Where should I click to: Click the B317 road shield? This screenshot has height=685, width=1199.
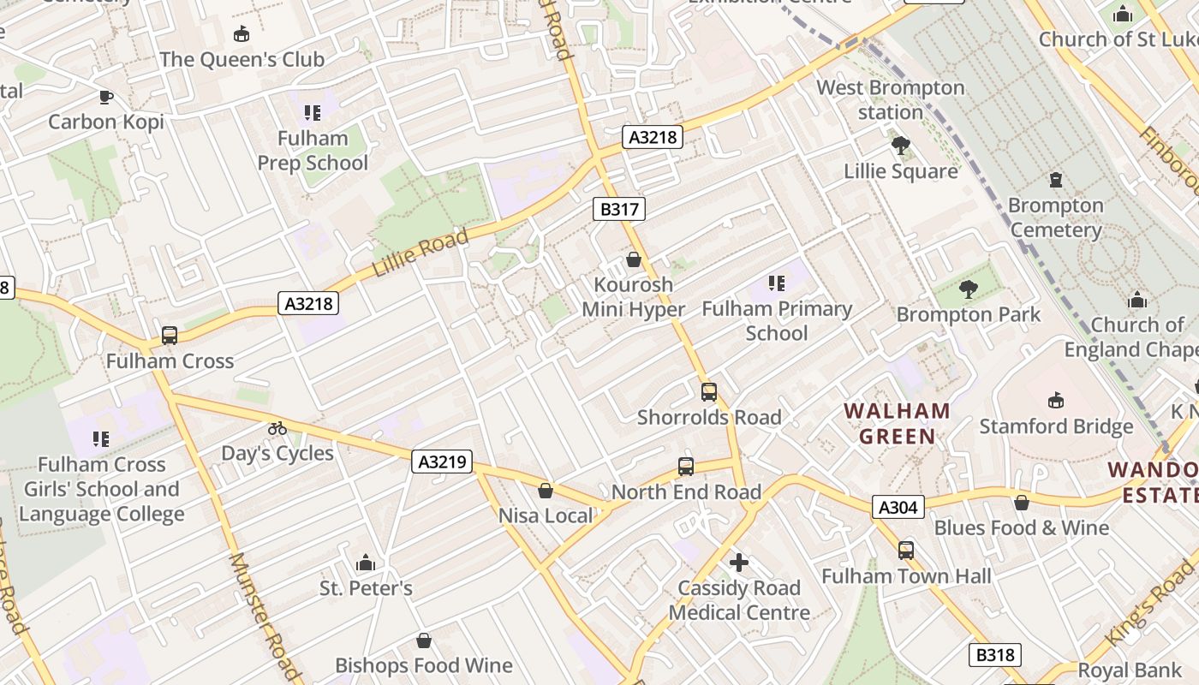(617, 209)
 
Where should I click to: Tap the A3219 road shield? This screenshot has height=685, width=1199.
(442, 462)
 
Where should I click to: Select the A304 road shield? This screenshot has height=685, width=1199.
(898, 508)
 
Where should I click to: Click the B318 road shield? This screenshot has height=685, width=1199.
(994, 655)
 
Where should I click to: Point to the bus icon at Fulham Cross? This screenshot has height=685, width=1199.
(170, 336)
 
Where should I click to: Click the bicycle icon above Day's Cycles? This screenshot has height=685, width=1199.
(277, 428)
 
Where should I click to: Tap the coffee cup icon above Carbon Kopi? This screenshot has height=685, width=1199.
(105, 97)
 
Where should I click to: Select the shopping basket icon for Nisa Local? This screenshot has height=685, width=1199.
(546, 491)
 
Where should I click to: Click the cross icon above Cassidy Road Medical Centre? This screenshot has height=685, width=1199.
(738, 563)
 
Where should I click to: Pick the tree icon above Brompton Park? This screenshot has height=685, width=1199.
(969, 289)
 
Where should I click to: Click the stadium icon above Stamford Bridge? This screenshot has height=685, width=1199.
(1056, 401)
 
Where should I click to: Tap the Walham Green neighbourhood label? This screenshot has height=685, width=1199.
(897, 424)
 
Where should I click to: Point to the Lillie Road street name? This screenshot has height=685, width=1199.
(421, 253)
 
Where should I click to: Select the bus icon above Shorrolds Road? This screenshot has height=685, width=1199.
(709, 392)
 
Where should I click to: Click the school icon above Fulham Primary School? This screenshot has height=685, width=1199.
(777, 283)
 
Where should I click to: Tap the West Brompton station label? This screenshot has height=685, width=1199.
(891, 99)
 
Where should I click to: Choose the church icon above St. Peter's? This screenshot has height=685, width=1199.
(366, 563)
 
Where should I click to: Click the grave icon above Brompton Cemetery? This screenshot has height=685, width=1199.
(1056, 180)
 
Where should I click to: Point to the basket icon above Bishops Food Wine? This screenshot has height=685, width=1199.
(423, 640)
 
